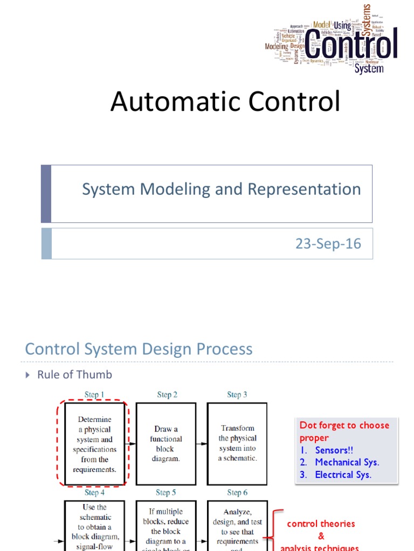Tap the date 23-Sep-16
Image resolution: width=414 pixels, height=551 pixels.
pyautogui.click(x=328, y=244)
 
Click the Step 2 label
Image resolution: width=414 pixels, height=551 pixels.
pyautogui.click(x=167, y=395)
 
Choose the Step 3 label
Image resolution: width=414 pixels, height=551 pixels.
pyautogui.click(x=237, y=395)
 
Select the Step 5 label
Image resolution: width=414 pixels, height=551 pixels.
pyautogui.click(x=166, y=492)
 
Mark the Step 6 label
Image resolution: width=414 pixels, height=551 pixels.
pyautogui.click(x=237, y=492)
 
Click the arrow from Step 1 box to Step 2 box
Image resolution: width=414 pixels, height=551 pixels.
pyautogui.click(x=130, y=444)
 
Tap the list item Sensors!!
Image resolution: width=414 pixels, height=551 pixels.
pyautogui.click(x=334, y=450)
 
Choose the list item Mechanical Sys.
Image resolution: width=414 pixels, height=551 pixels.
pyautogui.click(x=347, y=462)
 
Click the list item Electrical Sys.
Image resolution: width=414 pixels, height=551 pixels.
pyautogui.click(x=343, y=475)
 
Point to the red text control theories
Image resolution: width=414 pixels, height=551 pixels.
pyautogui.click(x=321, y=524)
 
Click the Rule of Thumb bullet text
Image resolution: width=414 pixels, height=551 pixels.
pyautogui.click(x=74, y=375)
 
